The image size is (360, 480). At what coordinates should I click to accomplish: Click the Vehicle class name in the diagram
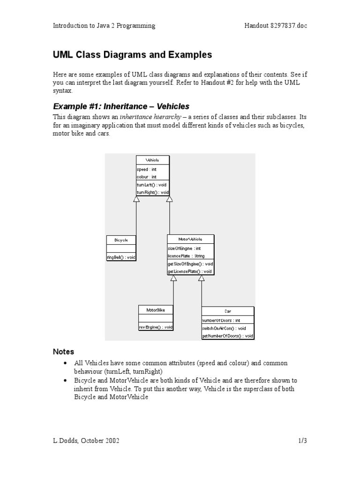click(x=152, y=160)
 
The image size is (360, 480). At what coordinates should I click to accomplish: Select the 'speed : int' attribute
click(x=147, y=169)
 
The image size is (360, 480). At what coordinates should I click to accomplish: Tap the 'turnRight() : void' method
click(x=152, y=192)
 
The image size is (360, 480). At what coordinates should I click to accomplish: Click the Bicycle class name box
click(x=121, y=240)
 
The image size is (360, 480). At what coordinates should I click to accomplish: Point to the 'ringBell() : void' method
click(x=121, y=257)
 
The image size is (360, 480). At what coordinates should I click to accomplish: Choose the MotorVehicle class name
click(x=190, y=239)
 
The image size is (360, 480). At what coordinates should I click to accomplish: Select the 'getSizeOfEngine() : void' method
click(x=190, y=264)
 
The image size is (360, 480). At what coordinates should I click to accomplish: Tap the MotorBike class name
click(x=156, y=310)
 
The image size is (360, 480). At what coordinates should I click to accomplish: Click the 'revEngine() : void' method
click(x=156, y=327)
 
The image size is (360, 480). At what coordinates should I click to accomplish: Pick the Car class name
click(x=227, y=311)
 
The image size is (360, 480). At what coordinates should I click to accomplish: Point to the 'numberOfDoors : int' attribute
click(x=221, y=321)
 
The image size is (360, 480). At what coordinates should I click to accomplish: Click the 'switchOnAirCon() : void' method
click(x=224, y=328)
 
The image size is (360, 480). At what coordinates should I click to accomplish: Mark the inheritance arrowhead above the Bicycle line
click(x=136, y=199)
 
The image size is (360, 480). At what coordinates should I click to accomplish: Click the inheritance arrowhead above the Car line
click(x=201, y=278)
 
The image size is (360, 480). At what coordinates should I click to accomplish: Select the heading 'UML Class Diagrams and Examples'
click(x=132, y=55)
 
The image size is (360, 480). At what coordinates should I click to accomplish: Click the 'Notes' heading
click(x=64, y=352)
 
